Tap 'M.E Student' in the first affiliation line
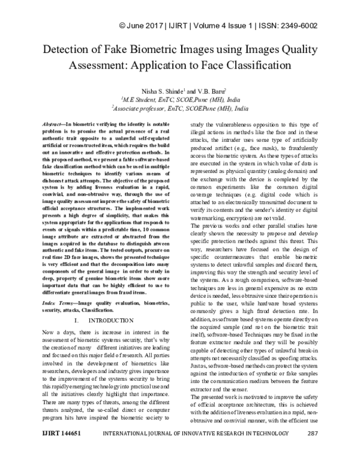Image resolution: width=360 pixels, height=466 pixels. (142, 98)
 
